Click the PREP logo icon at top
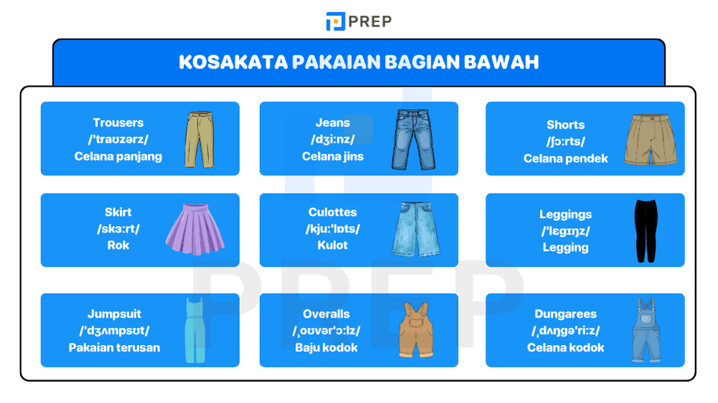click(x=335, y=22)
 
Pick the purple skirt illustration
click(x=190, y=229)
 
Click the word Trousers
click(x=118, y=123)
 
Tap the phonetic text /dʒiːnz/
click(x=332, y=139)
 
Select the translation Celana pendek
click(x=566, y=158)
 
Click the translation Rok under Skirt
click(x=118, y=245)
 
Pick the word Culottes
click(x=332, y=212)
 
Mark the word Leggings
click(x=566, y=214)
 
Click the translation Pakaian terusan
click(x=115, y=348)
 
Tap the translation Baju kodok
click(x=326, y=348)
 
